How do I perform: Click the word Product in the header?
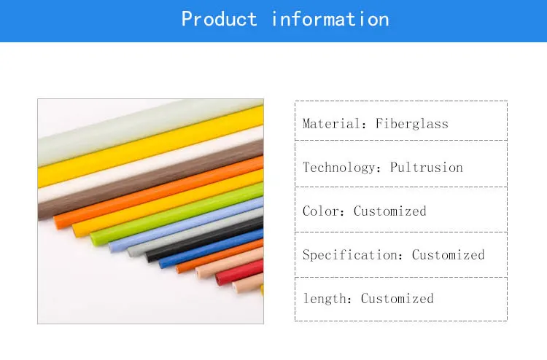pyautogui.click(x=219, y=19)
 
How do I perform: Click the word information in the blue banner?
pyautogui.click(x=330, y=19)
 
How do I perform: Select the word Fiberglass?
pyautogui.click(x=412, y=124)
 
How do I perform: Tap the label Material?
pyautogui.click(x=334, y=124)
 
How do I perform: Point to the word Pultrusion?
pyautogui.click(x=427, y=168)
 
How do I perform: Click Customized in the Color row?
pyautogui.click(x=390, y=211)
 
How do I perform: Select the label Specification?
pyautogui.click(x=353, y=255)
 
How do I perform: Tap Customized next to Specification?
pyautogui.click(x=449, y=255)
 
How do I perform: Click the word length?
pyautogui.click(x=327, y=298)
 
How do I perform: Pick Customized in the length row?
pyautogui.click(x=397, y=298)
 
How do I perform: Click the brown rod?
pyautogui.click(x=150, y=179)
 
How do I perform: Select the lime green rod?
pyautogui.click(x=176, y=213)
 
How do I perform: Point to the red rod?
pyautogui.click(x=239, y=273)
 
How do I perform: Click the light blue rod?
pyautogui.click(x=186, y=224)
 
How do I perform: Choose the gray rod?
pyautogui.click(x=195, y=232)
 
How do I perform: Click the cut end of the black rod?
pyautogui.click(x=149, y=257)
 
